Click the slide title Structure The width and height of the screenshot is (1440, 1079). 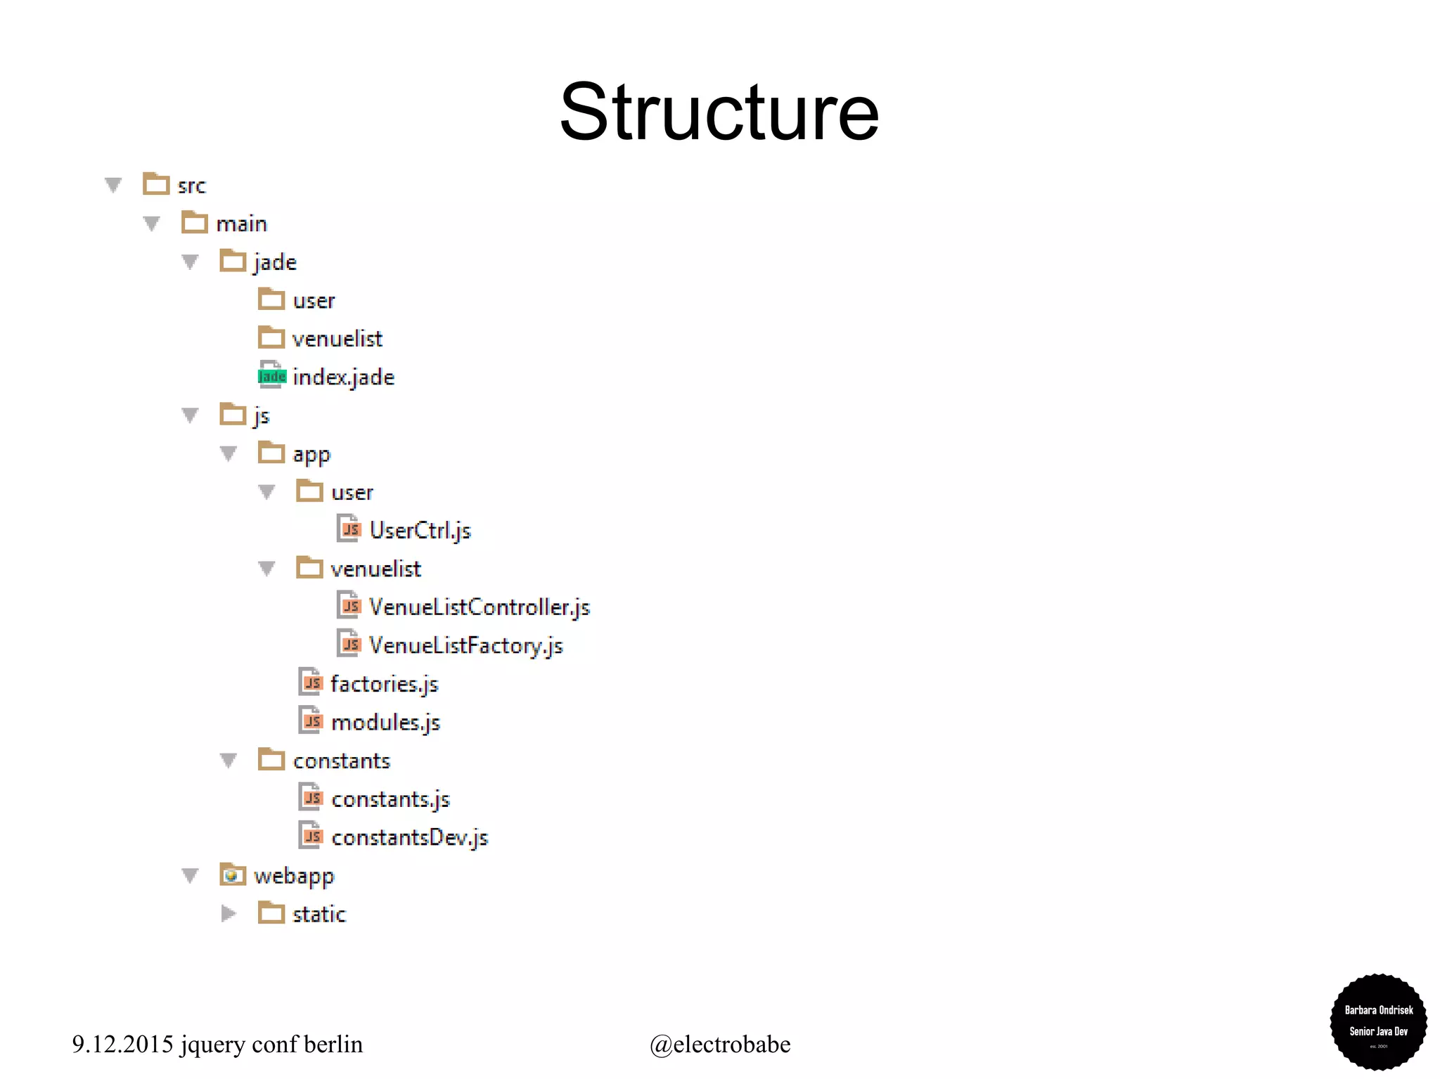[719, 112]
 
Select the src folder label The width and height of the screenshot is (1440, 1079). [191, 186]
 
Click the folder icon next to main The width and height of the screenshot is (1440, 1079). [194, 223]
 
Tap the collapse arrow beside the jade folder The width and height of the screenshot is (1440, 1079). [190, 262]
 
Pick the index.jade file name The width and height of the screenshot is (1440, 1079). [343, 377]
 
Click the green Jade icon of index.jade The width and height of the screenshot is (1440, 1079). [271, 376]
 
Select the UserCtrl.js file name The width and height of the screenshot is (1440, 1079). [420, 531]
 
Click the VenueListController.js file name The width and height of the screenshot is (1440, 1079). [479, 607]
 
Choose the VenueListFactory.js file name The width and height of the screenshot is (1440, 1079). [465, 645]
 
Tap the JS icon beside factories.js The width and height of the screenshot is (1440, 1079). [311, 683]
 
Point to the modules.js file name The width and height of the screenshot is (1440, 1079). [385, 723]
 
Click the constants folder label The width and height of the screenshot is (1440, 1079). [341, 761]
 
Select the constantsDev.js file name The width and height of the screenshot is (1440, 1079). [409, 838]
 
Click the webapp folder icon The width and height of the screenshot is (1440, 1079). [232, 875]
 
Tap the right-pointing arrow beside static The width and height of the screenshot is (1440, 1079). [228, 914]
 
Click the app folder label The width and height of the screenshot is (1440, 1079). [311, 455]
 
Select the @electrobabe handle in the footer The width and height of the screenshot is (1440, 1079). [719, 1045]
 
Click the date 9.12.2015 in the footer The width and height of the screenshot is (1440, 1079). [122, 1045]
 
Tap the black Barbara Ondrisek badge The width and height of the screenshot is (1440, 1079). [1378, 1021]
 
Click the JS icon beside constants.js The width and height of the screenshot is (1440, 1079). [311, 799]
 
